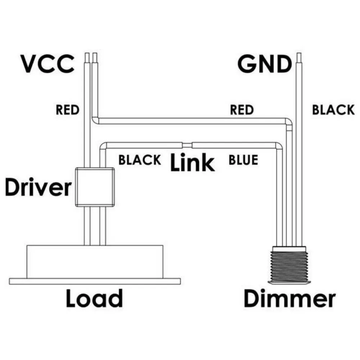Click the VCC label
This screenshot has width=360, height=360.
pos(47,64)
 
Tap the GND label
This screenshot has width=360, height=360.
pos(264,65)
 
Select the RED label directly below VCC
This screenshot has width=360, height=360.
pos(67,110)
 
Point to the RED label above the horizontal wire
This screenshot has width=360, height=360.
pos(242,110)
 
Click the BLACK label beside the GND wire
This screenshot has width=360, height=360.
pos(333,110)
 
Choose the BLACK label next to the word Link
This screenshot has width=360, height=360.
pos(140,160)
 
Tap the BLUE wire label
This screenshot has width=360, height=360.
pos(243,160)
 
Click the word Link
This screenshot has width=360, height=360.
pos(192,162)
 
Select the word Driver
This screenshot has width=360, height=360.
pos(38,188)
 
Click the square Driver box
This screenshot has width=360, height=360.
pos(95,187)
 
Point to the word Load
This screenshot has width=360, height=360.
pos(94,298)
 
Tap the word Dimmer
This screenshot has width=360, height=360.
pos(290,298)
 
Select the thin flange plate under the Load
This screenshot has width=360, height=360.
pos(95,280)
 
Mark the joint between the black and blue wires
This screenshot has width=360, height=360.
pos(187,145)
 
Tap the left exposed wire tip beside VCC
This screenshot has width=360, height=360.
pos(87,57)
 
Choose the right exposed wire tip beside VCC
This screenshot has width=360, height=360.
pos(95,57)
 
